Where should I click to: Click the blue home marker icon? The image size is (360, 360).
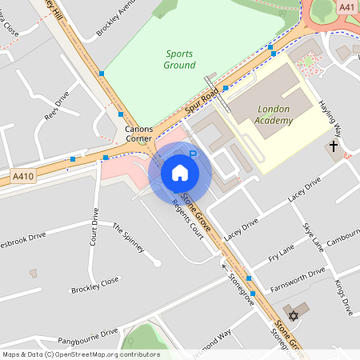tap(180, 172)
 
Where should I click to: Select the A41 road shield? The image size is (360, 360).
tap(346, 7)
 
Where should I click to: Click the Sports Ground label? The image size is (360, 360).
tap(180, 59)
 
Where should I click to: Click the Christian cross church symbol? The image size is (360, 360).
tap(334, 146)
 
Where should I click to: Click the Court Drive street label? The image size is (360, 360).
tap(94, 226)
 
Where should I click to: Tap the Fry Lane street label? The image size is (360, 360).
tap(282, 254)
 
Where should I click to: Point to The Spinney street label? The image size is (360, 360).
tap(128, 237)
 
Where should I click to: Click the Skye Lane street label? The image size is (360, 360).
tap(313, 236)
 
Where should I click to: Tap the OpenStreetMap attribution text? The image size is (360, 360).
tap(80, 354)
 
